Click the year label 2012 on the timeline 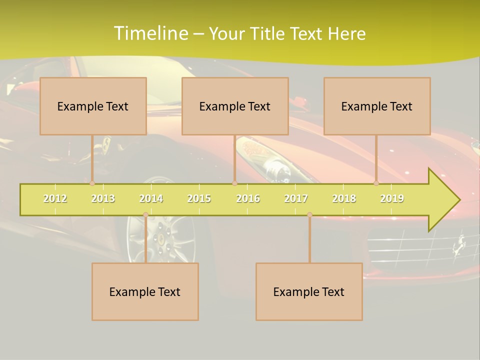(55, 198)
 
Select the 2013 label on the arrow (103, 198)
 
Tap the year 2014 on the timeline (151, 198)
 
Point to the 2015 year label (199, 198)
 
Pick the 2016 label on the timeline (248, 198)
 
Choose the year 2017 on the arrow (296, 198)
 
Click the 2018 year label (344, 198)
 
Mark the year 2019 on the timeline (392, 198)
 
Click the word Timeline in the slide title (149, 33)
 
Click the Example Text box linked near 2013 (93, 106)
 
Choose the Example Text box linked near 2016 (235, 106)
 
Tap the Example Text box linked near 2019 (377, 106)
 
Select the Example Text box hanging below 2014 (145, 291)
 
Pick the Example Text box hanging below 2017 (309, 291)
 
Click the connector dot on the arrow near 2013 (92, 183)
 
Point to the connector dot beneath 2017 (309, 215)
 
